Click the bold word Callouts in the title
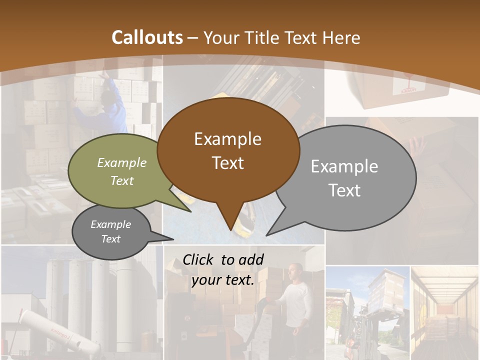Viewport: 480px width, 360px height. click(x=147, y=37)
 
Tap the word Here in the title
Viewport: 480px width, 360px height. click(x=342, y=38)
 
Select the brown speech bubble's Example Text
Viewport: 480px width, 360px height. click(x=228, y=151)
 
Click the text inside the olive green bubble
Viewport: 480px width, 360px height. click(x=122, y=171)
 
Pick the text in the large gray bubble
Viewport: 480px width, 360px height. click(x=344, y=178)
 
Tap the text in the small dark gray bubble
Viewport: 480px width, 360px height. click(x=111, y=231)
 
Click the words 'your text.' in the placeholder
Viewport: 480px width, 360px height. click(x=222, y=280)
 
